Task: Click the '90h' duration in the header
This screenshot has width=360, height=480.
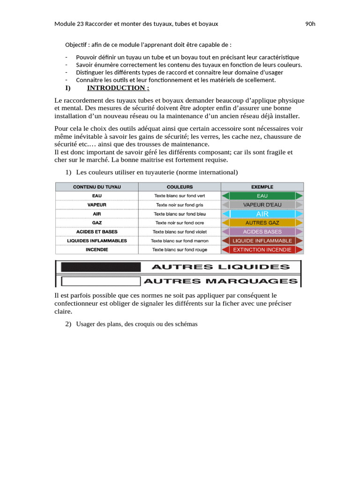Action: [x=310, y=24]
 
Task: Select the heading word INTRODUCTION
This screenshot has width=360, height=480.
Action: [x=118, y=88]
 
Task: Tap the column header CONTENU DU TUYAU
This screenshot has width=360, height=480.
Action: [x=97, y=187]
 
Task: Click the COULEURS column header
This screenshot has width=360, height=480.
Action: [x=180, y=187]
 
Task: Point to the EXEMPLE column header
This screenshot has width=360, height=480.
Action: [x=262, y=187]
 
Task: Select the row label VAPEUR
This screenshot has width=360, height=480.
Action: [x=97, y=205]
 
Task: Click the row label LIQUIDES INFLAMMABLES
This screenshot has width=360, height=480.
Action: [x=97, y=240]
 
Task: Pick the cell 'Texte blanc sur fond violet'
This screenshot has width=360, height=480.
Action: [x=180, y=232]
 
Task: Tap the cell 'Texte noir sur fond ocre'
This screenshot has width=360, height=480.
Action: [x=180, y=223]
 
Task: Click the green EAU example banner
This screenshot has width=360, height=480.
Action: [x=262, y=196]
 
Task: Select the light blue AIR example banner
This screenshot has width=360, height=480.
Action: [x=262, y=214]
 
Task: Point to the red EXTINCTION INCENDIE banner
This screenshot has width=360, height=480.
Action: [x=262, y=250]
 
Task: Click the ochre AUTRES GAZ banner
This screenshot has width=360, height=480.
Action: [x=262, y=223]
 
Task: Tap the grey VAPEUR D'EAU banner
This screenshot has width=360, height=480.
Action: [x=262, y=205]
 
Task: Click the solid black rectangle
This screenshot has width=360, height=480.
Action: [x=101, y=267]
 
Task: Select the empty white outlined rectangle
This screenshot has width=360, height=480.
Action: [x=101, y=281]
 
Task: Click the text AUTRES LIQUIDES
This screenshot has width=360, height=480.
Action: [x=220, y=267]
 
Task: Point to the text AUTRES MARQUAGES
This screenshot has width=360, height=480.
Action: [x=220, y=281]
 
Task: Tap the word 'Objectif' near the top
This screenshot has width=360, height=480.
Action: [x=76, y=45]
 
